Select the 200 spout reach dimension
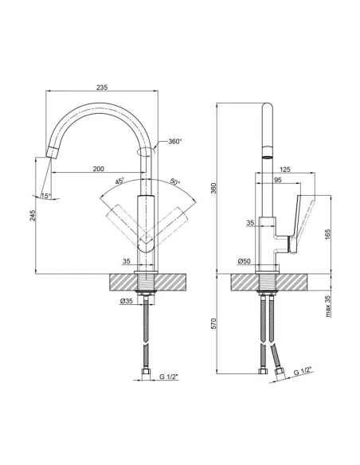point(98,170)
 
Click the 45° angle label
point(119,182)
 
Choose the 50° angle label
point(174,182)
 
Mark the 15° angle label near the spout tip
point(45,197)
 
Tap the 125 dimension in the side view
point(285,170)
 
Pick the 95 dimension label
point(276,181)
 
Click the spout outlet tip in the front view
point(50,151)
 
